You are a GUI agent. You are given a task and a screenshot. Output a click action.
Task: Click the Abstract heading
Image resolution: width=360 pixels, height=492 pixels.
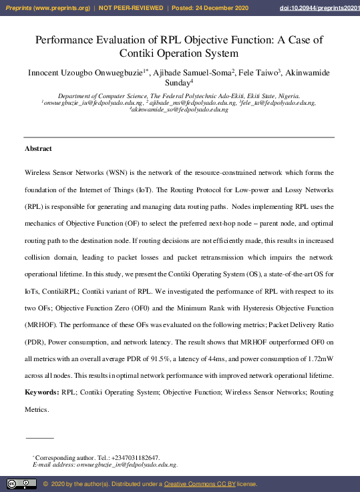(x=38, y=148)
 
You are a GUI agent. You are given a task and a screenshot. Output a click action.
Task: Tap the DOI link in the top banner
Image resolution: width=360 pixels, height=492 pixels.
(x=317, y=7)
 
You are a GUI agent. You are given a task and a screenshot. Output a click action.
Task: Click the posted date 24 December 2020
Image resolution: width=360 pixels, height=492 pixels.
(x=225, y=7)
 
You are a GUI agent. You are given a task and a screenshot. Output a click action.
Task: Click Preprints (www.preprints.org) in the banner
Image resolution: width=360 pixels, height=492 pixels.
(x=46, y=7)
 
